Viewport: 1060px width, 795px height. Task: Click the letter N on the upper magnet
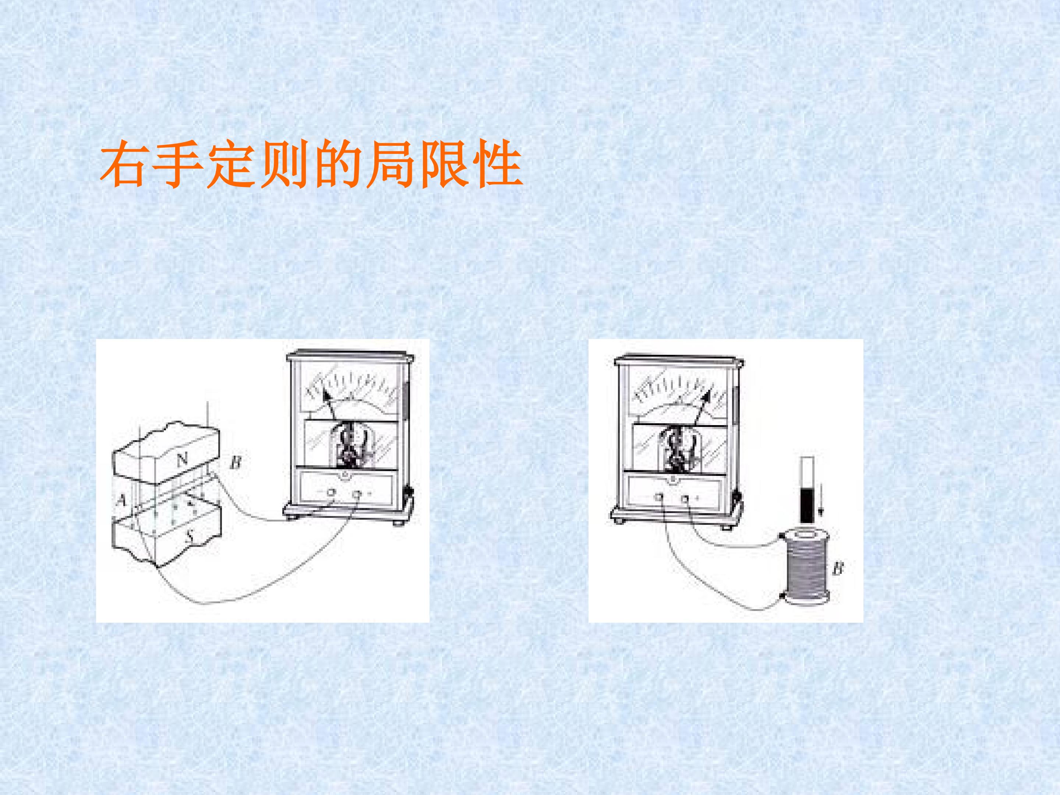pos(182,460)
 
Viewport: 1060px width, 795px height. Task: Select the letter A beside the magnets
pos(122,500)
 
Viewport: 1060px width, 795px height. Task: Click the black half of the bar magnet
pos(808,506)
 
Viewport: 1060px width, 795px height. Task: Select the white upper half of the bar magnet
pos(808,473)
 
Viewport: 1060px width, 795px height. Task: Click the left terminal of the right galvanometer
pos(660,498)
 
